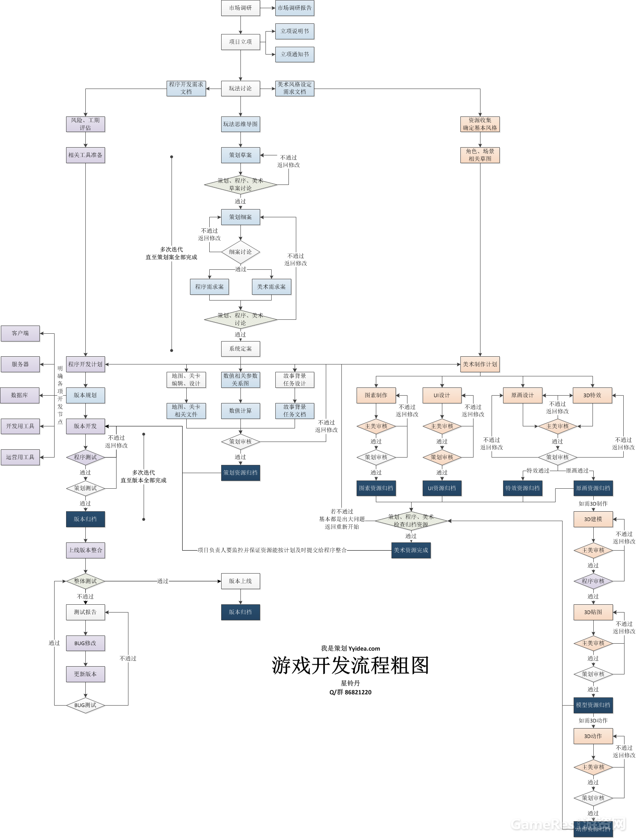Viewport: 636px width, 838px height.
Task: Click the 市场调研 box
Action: [240, 8]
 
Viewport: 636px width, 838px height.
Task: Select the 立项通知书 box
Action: [295, 55]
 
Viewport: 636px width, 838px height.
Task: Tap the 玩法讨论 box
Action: [240, 89]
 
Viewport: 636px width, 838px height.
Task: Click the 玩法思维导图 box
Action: [240, 124]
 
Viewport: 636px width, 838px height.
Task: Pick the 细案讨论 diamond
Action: [240, 252]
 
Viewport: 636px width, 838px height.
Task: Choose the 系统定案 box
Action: [240, 349]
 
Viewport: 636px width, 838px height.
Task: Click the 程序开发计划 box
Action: [85, 364]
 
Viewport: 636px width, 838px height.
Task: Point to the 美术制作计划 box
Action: [480, 364]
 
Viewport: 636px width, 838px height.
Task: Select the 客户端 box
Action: [20, 333]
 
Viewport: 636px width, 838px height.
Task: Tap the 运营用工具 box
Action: [20, 457]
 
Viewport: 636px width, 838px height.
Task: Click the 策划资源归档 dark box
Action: [240, 473]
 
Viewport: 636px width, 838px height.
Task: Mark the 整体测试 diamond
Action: [85, 581]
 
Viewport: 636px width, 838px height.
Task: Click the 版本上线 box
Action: [240, 581]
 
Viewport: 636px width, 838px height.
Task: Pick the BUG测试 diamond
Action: [85, 705]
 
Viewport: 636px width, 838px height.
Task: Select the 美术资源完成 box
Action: [411, 550]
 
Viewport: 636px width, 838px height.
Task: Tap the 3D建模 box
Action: [593, 519]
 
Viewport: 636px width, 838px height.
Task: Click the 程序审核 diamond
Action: [593, 581]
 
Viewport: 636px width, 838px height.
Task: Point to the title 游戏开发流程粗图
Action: [350, 665]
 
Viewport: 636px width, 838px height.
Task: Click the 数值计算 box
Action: [240, 411]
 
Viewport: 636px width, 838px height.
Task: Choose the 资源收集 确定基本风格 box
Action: [480, 124]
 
